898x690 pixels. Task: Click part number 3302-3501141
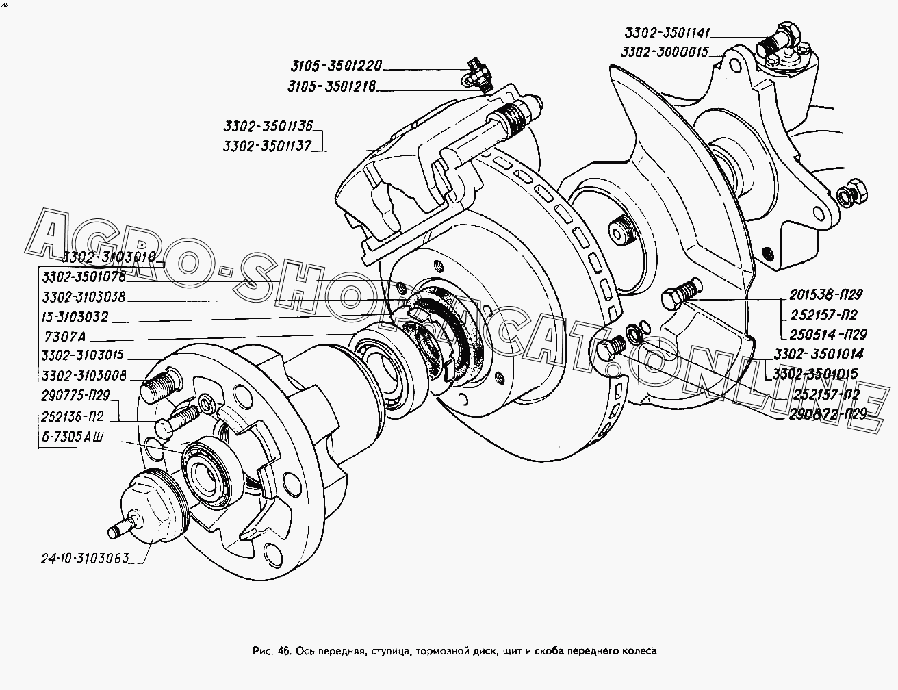pyautogui.click(x=667, y=33)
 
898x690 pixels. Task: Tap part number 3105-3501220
pyautogui.click(x=335, y=66)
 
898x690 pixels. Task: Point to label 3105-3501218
pyautogui.click(x=331, y=88)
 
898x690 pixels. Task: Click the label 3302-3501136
pyautogui.click(x=268, y=126)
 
